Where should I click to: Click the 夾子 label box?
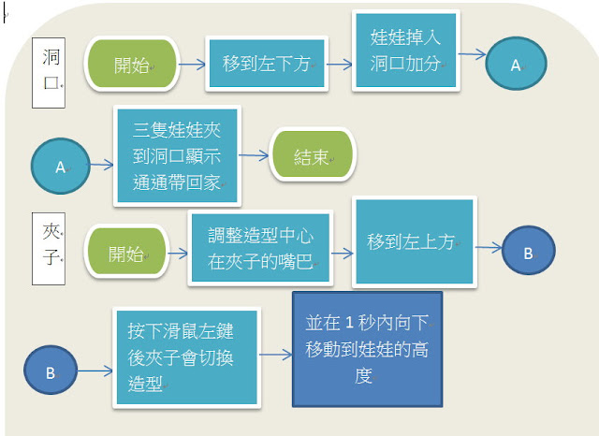[48, 241]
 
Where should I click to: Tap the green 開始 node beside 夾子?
[125, 254]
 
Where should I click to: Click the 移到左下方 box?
[266, 65]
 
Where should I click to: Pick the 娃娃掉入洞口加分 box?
[404, 51]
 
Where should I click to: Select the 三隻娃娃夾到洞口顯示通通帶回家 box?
[177, 156]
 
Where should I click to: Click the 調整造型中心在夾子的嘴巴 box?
[247, 247]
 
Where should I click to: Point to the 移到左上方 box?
[414, 241]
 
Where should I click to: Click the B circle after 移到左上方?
[528, 252]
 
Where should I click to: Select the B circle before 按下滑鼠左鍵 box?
[51, 371]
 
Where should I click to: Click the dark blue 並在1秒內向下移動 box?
[366, 348]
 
